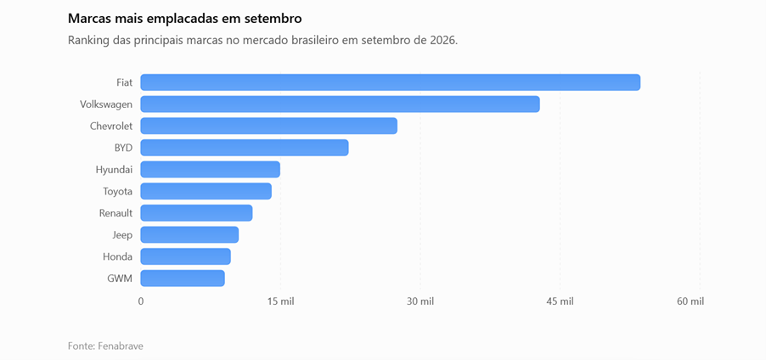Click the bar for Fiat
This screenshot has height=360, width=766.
pyautogui.click(x=391, y=82)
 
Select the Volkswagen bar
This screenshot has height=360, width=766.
pyautogui.click(x=340, y=104)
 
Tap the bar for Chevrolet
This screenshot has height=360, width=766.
pyautogui.click(x=268, y=126)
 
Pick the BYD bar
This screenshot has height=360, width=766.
pyautogui.click(x=245, y=148)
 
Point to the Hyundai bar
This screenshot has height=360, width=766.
pyautogui.click(x=210, y=170)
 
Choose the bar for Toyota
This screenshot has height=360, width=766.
pyautogui.click(x=206, y=191)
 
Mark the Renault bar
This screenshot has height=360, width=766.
pyautogui.click(x=196, y=213)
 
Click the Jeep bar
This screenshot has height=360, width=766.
pyautogui.click(x=189, y=234)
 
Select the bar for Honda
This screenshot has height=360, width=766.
pyautogui.click(x=186, y=256)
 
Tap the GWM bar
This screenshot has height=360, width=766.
pyautogui.click(x=183, y=278)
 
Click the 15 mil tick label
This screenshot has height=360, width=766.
pyautogui.click(x=280, y=302)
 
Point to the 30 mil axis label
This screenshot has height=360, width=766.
pyautogui.click(x=420, y=302)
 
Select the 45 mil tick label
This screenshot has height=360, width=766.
pyautogui.click(x=560, y=302)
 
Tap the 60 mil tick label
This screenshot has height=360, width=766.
pyautogui.click(x=690, y=302)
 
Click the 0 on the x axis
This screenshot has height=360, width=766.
pyautogui.click(x=141, y=302)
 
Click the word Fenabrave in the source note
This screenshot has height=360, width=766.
pyautogui.click(x=121, y=346)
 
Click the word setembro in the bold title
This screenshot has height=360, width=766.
pyautogui.click(x=277, y=19)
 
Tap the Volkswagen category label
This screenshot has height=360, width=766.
pyautogui.click(x=106, y=104)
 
